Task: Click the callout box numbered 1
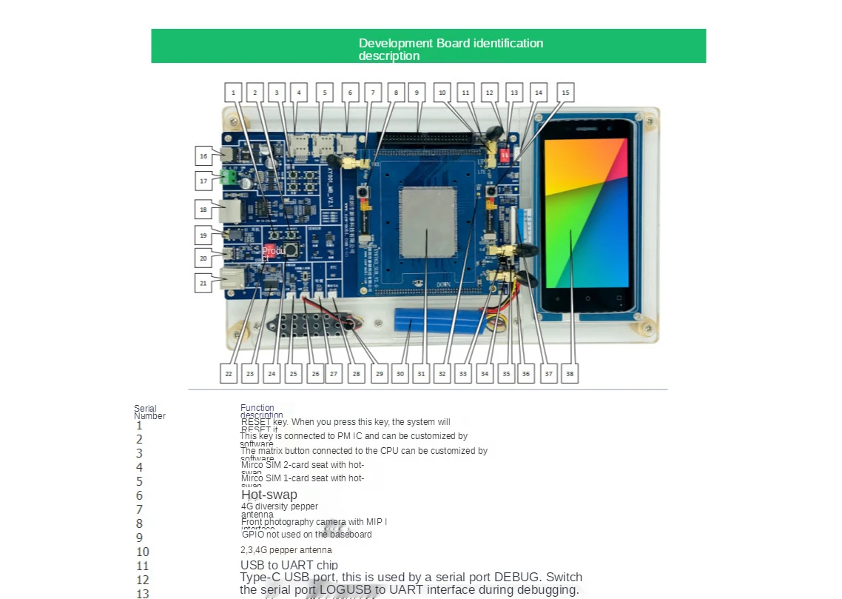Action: [x=233, y=93]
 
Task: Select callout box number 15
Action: [x=565, y=93]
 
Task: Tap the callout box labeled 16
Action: [x=203, y=155]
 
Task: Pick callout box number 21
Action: [x=203, y=283]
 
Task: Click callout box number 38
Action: [x=569, y=374]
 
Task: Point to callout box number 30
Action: [x=400, y=374]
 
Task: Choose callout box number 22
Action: [x=229, y=374]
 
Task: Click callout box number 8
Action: [x=396, y=93]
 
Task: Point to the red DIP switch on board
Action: [x=506, y=156]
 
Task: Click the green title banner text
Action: [x=451, y=50]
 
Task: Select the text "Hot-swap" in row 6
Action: [x=269, y=495]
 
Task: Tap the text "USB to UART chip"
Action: [x=289, y=566]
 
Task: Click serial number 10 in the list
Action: [x=143, y=552]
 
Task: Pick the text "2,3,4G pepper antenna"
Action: [x=286, y=550]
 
